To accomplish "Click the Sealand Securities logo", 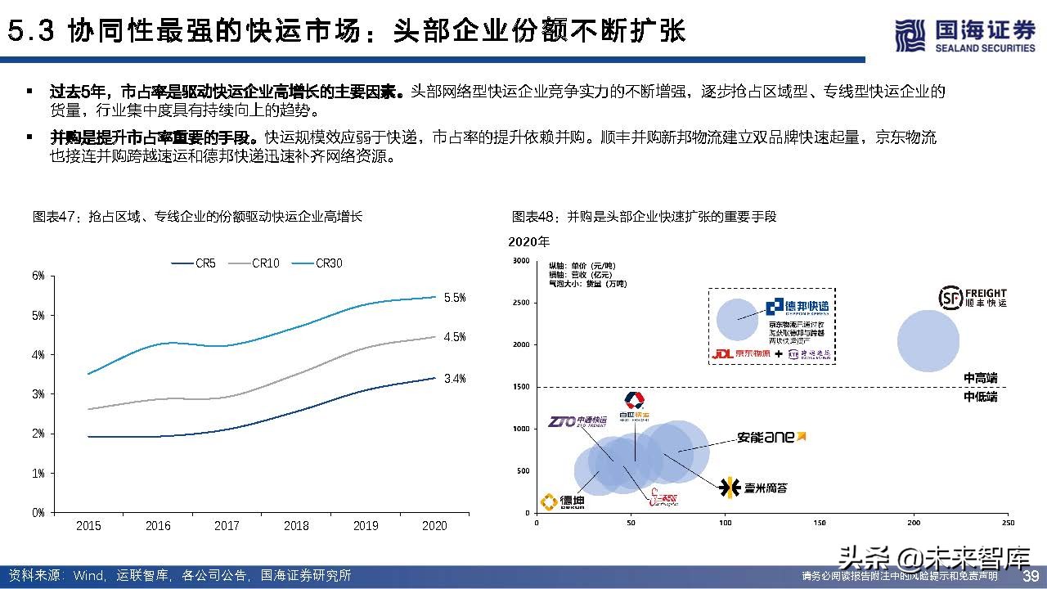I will [x=964, y=37].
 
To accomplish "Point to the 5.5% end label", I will [x=455, y=298].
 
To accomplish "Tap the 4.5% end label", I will [x=455, y=336].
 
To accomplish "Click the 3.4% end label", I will [x=455, y=378].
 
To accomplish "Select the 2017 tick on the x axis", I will [x=227, y=526].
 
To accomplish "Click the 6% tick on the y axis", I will [x=38, y=276].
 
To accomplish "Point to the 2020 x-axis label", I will [x=434, y=526].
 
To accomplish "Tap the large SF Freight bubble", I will [x=928, y=342].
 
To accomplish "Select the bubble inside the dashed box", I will [x=739, y=318].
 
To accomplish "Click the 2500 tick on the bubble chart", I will [x=520, y=303].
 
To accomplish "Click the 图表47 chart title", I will [x=197, y=217].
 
